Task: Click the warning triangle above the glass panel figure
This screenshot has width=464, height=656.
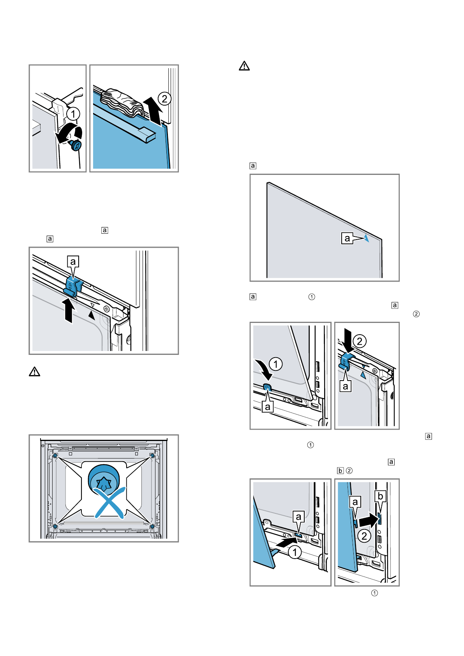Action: tap(244, 66)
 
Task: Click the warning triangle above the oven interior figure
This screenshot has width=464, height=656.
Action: tap(35, 372)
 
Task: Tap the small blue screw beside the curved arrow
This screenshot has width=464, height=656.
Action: tap(76, 146)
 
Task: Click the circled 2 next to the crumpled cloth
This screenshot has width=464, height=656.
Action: tap(164, 99)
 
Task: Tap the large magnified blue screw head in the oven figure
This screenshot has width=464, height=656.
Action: tap(104, 480)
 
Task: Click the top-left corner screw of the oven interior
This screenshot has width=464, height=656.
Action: tap(55, 455)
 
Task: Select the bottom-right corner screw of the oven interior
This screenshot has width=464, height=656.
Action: tap(152, 527)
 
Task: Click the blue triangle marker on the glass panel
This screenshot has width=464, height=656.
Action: tap(366, 238)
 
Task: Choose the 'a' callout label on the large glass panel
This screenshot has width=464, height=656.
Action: tap(347, 238)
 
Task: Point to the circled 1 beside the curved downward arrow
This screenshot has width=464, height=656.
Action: tap(276, 364)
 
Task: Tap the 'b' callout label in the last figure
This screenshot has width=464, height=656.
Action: tap(380, 496)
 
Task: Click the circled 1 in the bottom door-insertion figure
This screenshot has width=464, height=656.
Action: tap(295, 552)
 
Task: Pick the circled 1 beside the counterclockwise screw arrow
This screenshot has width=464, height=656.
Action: tap(73, 114)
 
